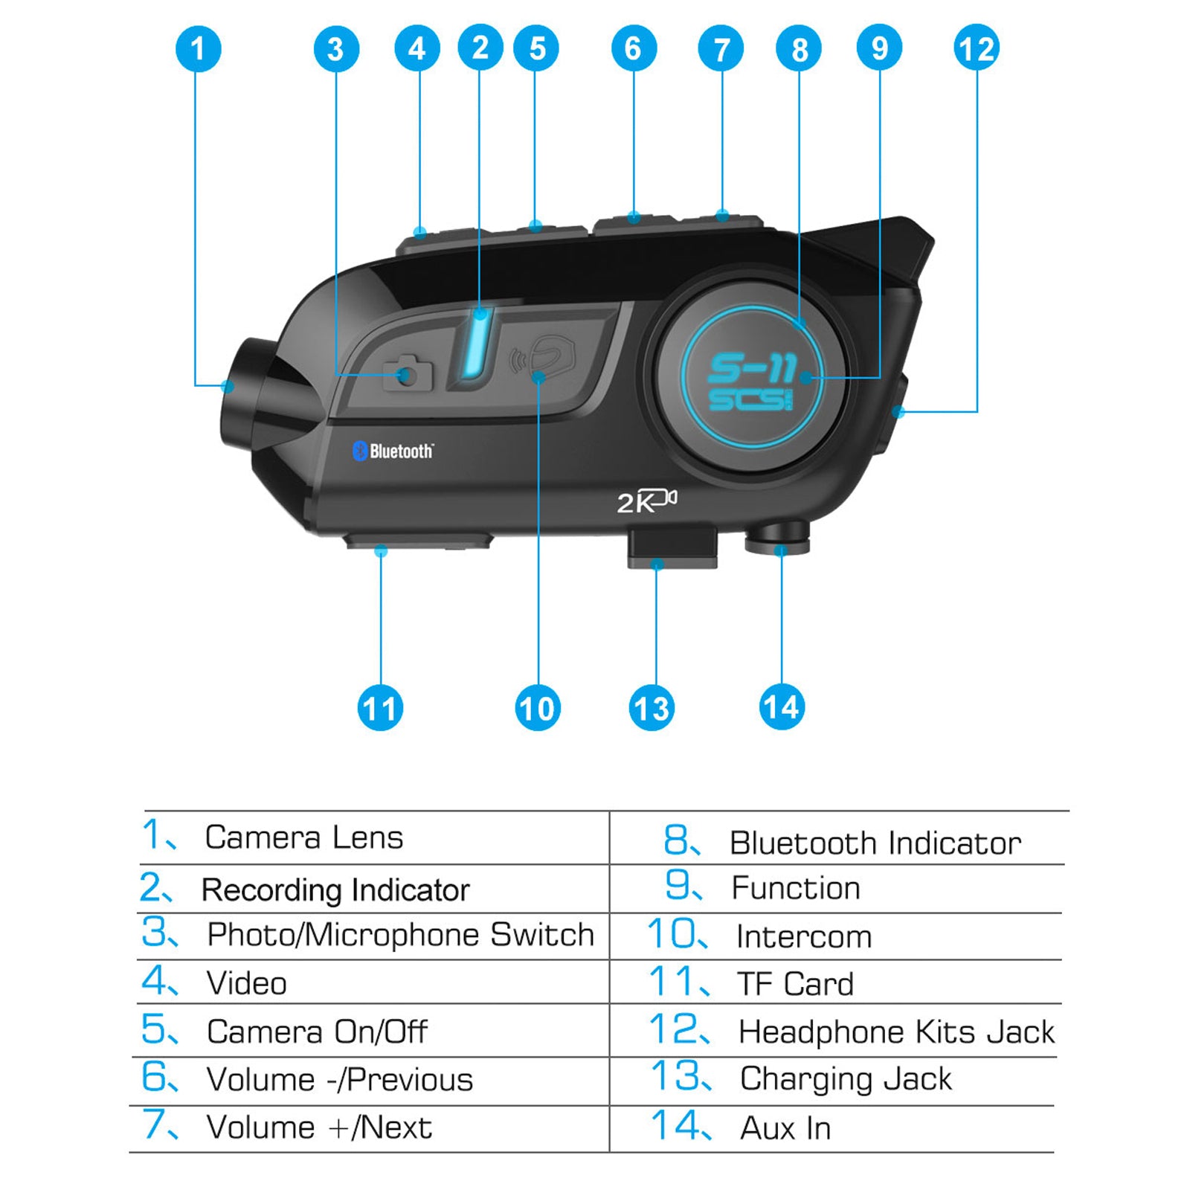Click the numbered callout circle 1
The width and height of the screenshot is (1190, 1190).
[198, 49]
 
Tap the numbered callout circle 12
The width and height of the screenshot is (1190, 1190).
[976, 49]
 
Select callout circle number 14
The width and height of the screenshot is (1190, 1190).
[781, 707]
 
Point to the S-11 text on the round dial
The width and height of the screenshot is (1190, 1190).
[751, 367]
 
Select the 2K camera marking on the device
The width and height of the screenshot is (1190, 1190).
[646, 501]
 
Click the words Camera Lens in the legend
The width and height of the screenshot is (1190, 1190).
[303, 837]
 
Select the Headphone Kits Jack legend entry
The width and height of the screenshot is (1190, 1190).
[895, 1032]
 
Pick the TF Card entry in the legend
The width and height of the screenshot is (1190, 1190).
[794, 984]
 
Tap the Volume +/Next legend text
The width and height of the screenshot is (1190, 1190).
[318, 1128]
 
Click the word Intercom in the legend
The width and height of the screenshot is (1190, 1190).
[803, 936]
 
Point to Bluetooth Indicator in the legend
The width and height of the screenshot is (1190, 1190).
[875, 843]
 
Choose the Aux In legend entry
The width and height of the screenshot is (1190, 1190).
[785, 1128]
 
